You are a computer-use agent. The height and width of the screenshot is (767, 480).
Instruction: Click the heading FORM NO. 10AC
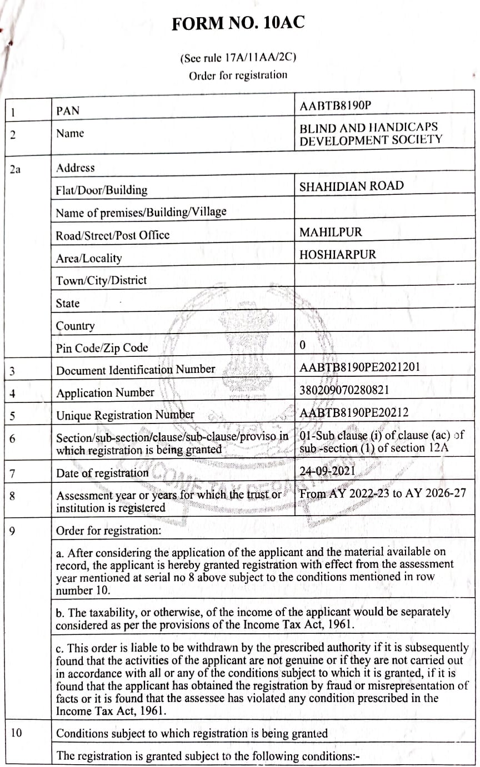238,24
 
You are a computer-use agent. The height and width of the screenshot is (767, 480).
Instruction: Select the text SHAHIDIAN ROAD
352,186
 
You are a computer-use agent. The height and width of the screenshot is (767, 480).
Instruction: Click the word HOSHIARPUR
338,255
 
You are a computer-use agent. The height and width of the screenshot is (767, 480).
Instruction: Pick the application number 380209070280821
344,390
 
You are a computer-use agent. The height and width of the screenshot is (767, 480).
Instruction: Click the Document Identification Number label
136,369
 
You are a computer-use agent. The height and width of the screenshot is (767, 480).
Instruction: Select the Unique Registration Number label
125,415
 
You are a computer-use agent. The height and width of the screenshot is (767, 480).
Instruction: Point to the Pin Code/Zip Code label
102,348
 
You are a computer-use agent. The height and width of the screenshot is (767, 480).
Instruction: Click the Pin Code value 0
302,345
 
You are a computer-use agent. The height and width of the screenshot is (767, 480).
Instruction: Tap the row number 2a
15,170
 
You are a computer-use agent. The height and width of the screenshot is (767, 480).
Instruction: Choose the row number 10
16,733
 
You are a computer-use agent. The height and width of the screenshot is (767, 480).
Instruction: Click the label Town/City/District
101,280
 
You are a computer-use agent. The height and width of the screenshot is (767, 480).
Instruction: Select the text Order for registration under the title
238,75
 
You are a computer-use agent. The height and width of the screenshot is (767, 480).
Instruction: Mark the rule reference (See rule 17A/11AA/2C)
238,57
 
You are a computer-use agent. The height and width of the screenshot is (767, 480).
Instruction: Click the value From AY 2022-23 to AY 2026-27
382,493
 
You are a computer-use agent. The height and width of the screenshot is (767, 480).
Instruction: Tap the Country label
75,326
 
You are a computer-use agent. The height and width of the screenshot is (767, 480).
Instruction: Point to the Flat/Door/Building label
102,190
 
